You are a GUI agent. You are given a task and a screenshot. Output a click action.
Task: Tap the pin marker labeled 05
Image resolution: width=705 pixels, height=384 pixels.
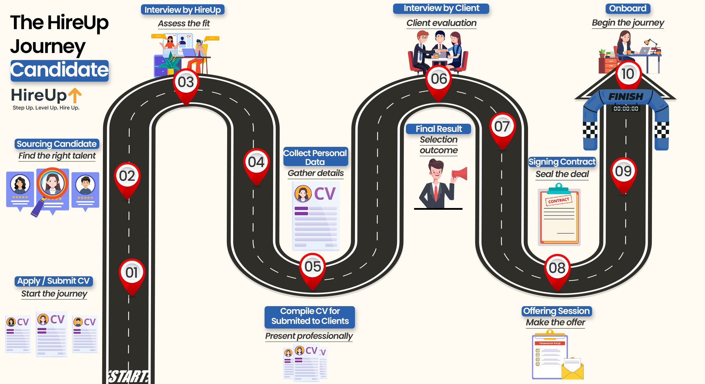[x=313, y=267]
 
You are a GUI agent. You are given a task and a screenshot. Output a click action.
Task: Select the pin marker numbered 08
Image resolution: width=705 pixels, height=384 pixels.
[x=557, y=268]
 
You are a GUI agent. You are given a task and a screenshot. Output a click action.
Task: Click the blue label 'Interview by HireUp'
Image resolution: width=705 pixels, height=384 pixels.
[x=183, y=10]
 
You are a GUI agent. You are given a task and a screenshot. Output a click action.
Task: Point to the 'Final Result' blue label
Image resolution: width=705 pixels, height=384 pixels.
[x=439, y=129]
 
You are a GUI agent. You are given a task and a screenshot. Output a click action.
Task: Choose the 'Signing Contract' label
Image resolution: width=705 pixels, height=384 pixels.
[x=562, y=162]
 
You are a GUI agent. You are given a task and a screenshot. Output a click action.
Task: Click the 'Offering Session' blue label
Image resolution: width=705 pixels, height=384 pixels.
[x=557, y=311]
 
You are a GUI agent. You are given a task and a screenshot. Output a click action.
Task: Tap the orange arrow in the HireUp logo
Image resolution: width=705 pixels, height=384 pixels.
[x=75, y=95]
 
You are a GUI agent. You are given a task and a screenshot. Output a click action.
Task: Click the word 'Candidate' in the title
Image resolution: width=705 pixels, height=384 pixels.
[x=59, y=70]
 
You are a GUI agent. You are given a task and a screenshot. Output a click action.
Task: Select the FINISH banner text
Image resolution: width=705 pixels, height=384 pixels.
[x=626, y=96]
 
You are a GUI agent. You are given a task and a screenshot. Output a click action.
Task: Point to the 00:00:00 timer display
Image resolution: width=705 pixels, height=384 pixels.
[x=626, y=108]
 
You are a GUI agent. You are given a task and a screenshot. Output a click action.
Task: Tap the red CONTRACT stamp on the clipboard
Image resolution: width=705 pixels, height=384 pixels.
[x=558, y=201]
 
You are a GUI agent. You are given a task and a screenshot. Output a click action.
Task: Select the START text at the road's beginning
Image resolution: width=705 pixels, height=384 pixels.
[x=128, y=377]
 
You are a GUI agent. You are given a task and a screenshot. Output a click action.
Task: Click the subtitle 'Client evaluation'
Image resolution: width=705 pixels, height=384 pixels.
[x=441, y=23]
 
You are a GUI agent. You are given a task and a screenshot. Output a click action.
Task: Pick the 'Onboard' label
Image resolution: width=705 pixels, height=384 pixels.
[x=627, y=9]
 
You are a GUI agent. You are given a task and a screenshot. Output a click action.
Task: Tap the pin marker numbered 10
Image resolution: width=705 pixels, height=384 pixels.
[x=628, y=74]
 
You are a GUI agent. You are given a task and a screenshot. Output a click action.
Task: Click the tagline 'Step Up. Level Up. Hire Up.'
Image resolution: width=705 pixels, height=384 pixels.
[x=46, y=108]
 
